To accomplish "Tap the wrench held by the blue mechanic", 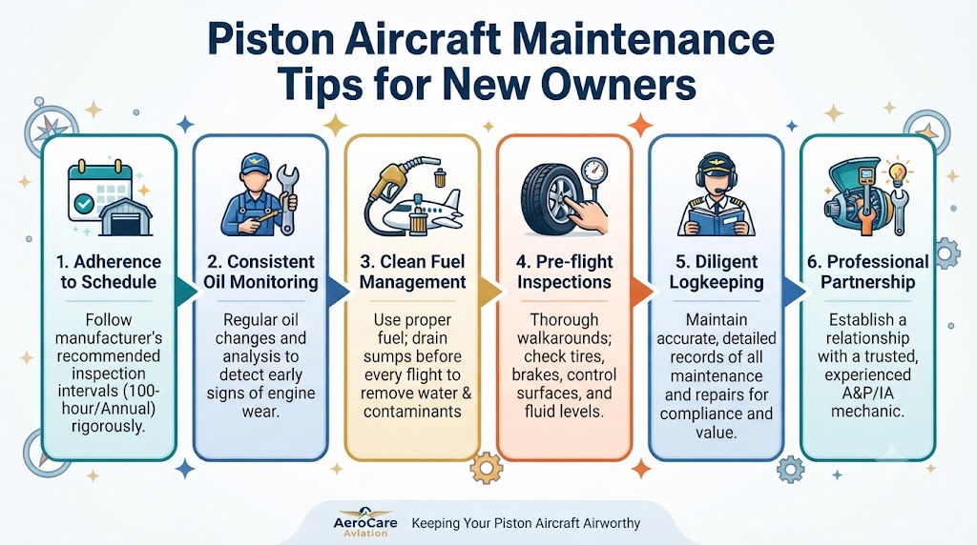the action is [x=286, y=198].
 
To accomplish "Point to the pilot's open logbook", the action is [x=716, y=221].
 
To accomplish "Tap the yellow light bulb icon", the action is [x=897, y=173].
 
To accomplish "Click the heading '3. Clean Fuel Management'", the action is [x=412, y=272].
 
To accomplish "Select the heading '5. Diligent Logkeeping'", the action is [x=717, y=272].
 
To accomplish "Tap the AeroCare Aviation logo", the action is [x=365, y=521].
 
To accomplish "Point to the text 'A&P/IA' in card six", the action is [x=867, y=394].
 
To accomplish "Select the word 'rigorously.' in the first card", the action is [x=109, y=427].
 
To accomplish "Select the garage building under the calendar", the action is [x=126, y=217].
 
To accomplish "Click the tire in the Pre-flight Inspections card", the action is [x=550, y=199].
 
